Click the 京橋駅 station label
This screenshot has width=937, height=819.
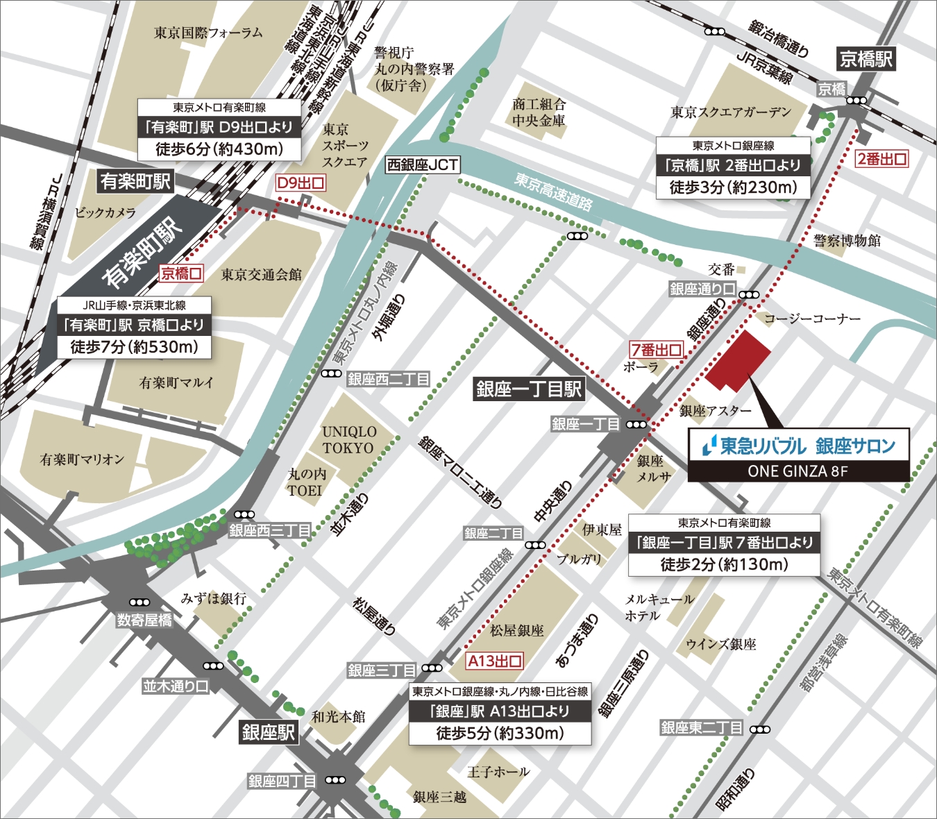pos(866,59)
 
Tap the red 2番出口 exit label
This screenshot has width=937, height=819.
pos(881,159)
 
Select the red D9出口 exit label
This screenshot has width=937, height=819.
pos(301,183)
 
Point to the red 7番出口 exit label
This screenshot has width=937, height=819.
pos(656,350)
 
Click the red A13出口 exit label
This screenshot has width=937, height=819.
pos(494,661)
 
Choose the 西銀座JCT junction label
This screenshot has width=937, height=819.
pos(423,165)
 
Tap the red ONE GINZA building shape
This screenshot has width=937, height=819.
pos(737,361)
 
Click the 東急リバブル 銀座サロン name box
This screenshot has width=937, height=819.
pos(798,446)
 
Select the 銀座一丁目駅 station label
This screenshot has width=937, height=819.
pos(528,389)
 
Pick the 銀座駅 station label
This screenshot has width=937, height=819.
pos(268,732)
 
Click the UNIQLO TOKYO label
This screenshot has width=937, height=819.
pos(348,440)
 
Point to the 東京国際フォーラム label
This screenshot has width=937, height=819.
pos(208,33)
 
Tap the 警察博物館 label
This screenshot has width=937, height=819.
pos(847,241)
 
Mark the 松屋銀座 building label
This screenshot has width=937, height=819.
pos(517,630)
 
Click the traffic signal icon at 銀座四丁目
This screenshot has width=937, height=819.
pos(335,780)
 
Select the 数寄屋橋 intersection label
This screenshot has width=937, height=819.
pos(144,620)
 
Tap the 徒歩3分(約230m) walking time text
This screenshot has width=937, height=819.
pos(733,187)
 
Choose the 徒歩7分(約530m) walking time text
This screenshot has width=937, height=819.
pos(134,347)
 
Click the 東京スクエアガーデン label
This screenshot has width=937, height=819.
pos(731,112)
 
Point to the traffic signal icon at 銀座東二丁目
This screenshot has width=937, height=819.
pos(760,729)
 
